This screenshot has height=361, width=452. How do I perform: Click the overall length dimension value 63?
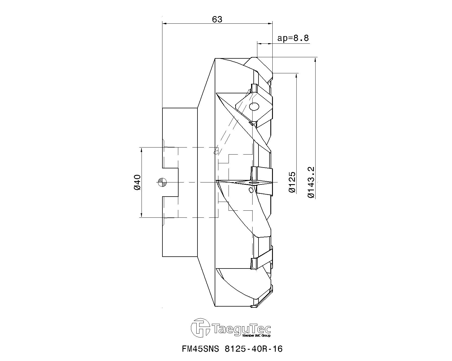click(217, 19)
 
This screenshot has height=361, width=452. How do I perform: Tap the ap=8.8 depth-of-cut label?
click(293, 38)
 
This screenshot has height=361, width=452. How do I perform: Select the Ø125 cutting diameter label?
click(292, 182)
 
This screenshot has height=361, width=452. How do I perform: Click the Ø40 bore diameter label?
click(137, 182)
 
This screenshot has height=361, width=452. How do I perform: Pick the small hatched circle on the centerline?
click(163, 182)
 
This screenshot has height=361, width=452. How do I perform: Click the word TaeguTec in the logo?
click(242, 329)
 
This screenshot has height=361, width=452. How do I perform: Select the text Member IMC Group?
click(257, 336)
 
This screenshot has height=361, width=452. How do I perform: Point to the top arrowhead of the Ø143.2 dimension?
click(315, 60)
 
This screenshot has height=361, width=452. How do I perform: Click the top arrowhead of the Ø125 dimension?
click(296, 76)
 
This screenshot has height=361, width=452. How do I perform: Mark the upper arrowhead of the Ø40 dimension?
click(141, 150)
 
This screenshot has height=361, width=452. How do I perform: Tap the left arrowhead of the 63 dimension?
click(165, 23)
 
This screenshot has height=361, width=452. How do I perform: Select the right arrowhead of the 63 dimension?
click(270, 23)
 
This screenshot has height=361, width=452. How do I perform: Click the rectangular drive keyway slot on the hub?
click(170, 182)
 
